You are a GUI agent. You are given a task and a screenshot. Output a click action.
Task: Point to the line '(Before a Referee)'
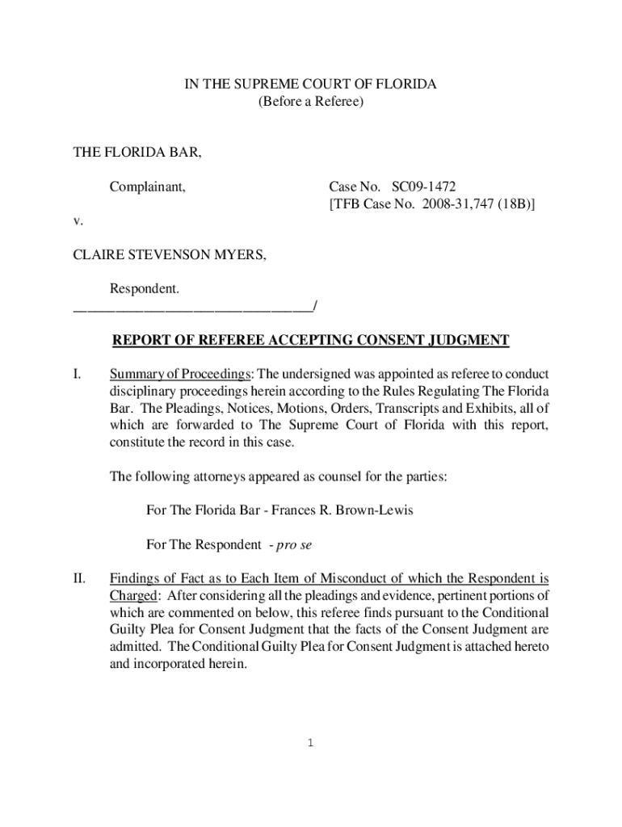[311, 102]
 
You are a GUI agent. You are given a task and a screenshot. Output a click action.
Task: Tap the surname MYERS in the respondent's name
[238, 255]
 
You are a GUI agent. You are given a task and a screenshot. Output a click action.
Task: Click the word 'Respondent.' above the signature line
[145, 288]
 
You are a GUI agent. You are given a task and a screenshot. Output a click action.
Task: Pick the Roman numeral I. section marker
[77, 375]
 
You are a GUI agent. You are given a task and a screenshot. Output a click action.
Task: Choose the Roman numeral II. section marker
[79, 578]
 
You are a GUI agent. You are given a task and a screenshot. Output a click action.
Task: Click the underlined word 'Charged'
[133, 595]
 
